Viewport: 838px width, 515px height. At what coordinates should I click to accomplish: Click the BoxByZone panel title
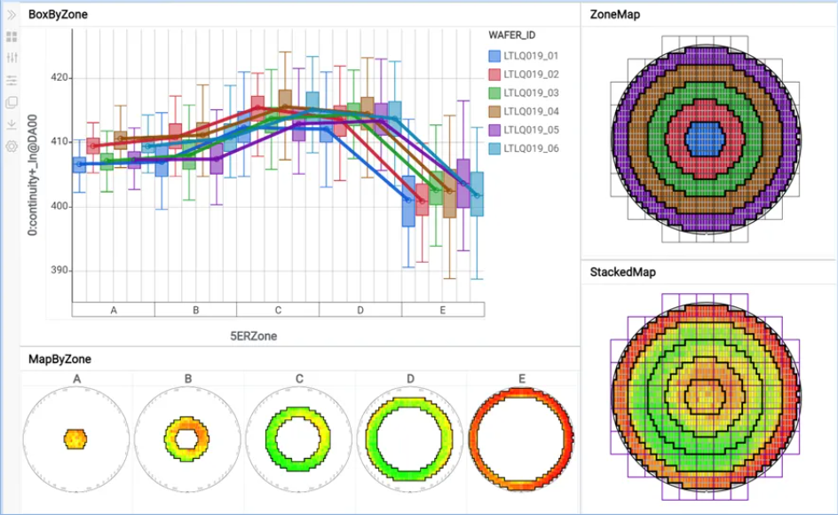58,15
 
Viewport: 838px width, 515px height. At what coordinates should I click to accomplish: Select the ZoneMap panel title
614,14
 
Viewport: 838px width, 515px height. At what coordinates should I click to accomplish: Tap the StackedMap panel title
622,272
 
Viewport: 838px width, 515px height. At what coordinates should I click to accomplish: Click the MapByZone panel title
59,359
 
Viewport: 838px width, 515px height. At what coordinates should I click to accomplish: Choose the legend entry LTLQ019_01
530,56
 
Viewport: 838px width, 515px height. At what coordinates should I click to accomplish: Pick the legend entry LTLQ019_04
530,111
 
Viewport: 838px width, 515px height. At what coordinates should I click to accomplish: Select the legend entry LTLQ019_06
530,148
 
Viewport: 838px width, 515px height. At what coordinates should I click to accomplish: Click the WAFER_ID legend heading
512,35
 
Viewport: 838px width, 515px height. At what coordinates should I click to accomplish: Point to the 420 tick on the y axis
59,78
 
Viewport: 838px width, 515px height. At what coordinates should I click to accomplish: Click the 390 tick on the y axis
59,271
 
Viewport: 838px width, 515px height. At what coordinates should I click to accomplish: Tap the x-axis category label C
278,310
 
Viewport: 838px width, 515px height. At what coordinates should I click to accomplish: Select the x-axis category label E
443,310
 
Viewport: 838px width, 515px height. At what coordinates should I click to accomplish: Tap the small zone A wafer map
76,438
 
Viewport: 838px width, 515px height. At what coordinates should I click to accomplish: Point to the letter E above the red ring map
522,378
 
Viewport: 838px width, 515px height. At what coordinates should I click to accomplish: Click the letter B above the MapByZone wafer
188,378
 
